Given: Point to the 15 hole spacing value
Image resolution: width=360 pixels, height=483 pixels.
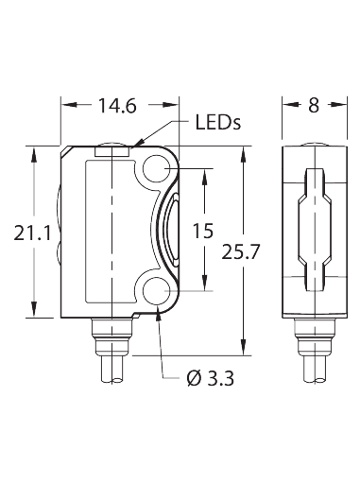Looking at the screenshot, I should point(201,230).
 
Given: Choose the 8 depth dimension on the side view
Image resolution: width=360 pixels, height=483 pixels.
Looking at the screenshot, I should point(313,106).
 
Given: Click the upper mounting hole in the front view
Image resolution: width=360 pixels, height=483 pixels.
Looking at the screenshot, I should point(157,169).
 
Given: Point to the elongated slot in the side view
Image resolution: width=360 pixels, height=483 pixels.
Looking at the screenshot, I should point(313,230).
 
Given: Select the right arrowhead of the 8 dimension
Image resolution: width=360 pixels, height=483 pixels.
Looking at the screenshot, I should point(334,106).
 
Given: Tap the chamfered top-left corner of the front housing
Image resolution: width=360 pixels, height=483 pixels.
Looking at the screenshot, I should point(66,150).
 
